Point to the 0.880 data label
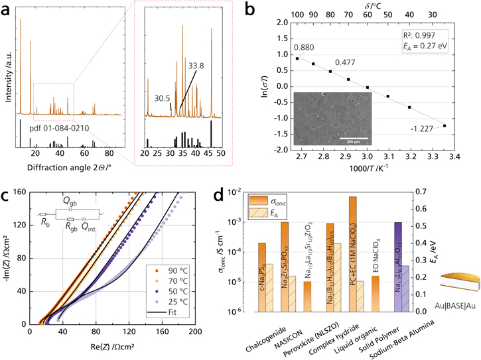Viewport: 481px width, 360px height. pyautogui.click(x=287, y=48)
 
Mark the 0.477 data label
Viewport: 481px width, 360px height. pyautogui.click(x=344, y=62)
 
